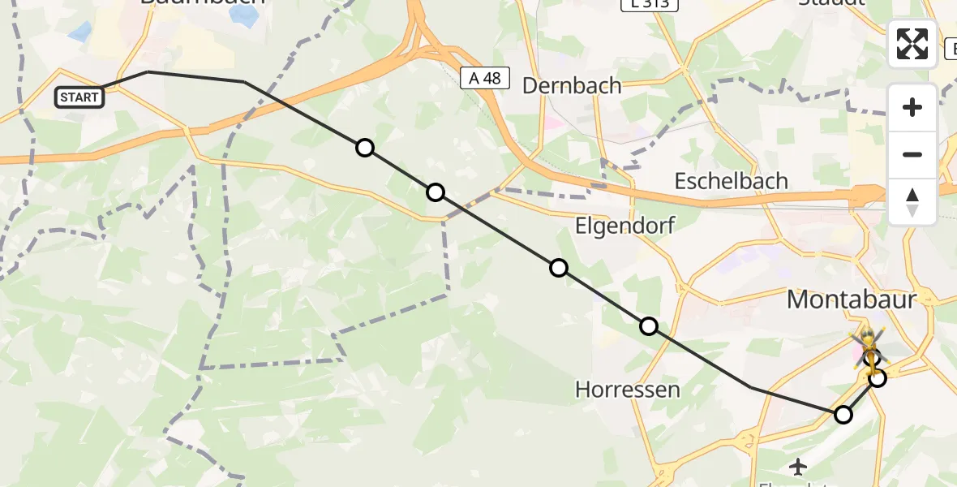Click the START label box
click(x=79, y=97)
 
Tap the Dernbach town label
click(x=572, y=85)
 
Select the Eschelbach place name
click(x=732, y=180)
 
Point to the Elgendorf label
click(x=624, y=226)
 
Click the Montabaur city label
click(x=852, y=299)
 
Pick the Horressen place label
click(x=627, y=390)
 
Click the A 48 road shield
click(x=485, y=78)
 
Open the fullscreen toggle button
click(x=912, y=44)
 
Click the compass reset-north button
click(x=912, y=202)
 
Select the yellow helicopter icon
click(x=868, y=349)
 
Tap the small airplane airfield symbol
click(x=799, y=467)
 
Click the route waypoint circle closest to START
click(x=365, y=148)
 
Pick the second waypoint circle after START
click(x=436, y=192)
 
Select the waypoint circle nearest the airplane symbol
click(x=843, y=415)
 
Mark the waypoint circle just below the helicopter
click(x=877, y=377)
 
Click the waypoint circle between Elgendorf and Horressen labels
click(x=649, y=326)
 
